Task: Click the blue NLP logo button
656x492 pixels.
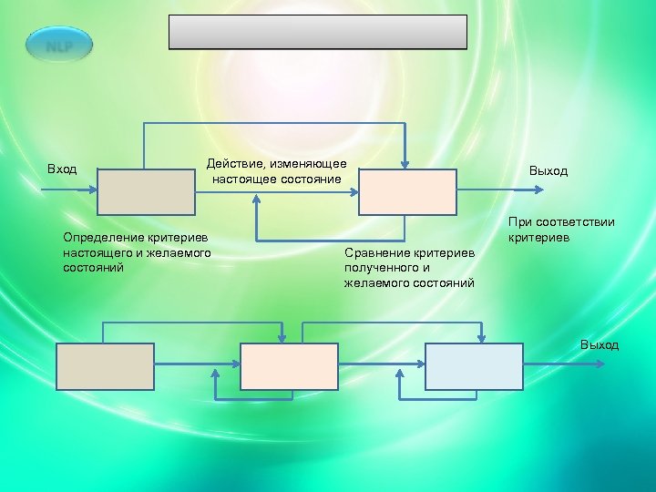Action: point(60,44)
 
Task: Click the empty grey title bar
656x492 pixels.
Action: point(318,32)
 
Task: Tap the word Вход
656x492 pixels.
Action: point(62,169)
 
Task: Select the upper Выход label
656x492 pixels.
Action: point(548,170)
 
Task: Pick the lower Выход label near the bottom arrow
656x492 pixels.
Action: point(600,344)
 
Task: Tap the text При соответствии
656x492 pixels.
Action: point(561,221)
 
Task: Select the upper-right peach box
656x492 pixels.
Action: point(407,191)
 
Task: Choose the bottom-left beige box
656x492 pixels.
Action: point(106,365)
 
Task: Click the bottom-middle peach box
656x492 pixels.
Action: point(289,365)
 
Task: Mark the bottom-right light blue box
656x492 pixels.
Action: point(475,365)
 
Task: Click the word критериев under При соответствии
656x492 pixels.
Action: point(539,238)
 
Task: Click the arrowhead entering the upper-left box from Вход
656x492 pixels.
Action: point(92,190)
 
